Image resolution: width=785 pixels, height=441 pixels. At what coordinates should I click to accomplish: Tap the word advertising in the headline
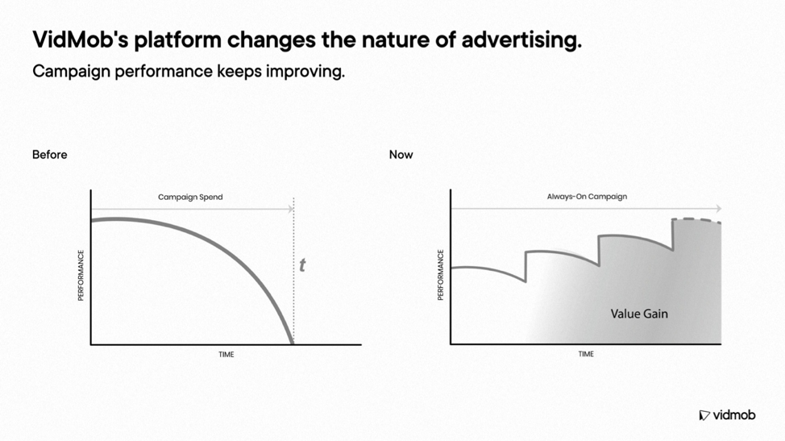click(x=521, y=40)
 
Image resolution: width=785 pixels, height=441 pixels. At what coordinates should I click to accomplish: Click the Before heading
click(x=49, y=155)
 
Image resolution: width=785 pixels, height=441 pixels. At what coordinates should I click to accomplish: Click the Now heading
click(x=401, y=155)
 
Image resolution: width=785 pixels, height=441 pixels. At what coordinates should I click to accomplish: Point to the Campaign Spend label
click(x=190, y=198)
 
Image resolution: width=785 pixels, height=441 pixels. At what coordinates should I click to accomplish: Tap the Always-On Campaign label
click(x=587, y=197)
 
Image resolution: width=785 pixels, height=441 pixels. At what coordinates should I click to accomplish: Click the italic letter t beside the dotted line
click(x=302, y=265)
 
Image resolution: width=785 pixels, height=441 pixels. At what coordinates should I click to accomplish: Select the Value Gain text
click(x=639, y=314)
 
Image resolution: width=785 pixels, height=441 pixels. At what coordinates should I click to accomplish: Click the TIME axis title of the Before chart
click(x=226, y=355)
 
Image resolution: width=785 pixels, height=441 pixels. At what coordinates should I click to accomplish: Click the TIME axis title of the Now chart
click(x=586, y=354)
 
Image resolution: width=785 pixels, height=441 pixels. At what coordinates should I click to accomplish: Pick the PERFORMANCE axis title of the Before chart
click(x=81, y=275)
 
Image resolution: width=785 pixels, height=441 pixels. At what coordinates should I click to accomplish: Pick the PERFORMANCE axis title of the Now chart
click(x=441, y=275)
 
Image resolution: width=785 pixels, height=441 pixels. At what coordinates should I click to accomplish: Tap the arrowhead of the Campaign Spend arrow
click(x=291, y=209)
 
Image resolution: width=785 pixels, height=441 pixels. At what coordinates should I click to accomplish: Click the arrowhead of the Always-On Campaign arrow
click(x=719, y=208)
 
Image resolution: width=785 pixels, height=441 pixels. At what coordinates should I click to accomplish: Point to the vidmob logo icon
click(x=704, y=415)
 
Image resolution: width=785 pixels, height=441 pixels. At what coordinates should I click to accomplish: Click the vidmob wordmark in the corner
click(x=734, y=415)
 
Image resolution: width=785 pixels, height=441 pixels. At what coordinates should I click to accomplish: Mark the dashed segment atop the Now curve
click(x=696, y=220)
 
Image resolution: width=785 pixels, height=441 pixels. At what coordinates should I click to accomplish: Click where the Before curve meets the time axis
click(x=293, y=344)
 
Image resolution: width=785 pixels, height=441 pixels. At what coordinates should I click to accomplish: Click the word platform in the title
click(x=178, y=40)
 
